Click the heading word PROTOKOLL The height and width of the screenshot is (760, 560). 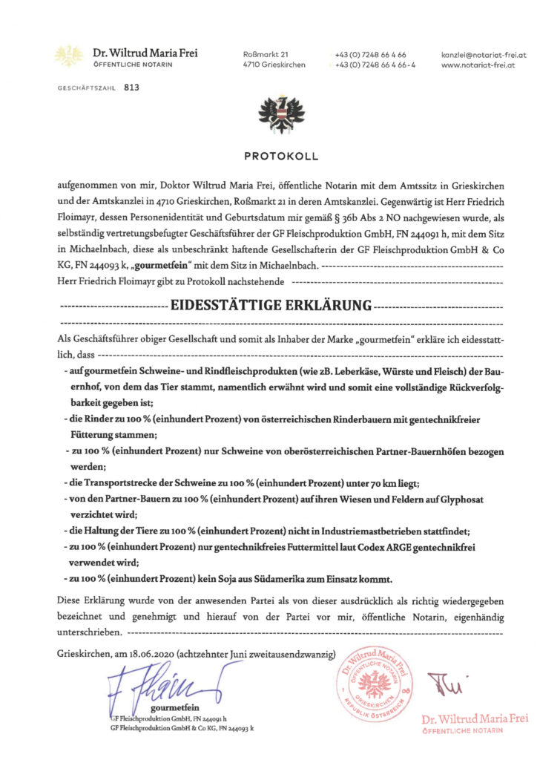pyautogui.click(x=280, y=157)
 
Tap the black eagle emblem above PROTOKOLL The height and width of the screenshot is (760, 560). pyautogui.click(x=280, y=115)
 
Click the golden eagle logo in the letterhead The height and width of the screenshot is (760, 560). pyautogui.click(x=69, y=56)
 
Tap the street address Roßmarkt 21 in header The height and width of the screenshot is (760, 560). pyautogui.click(x=266, y=55)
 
